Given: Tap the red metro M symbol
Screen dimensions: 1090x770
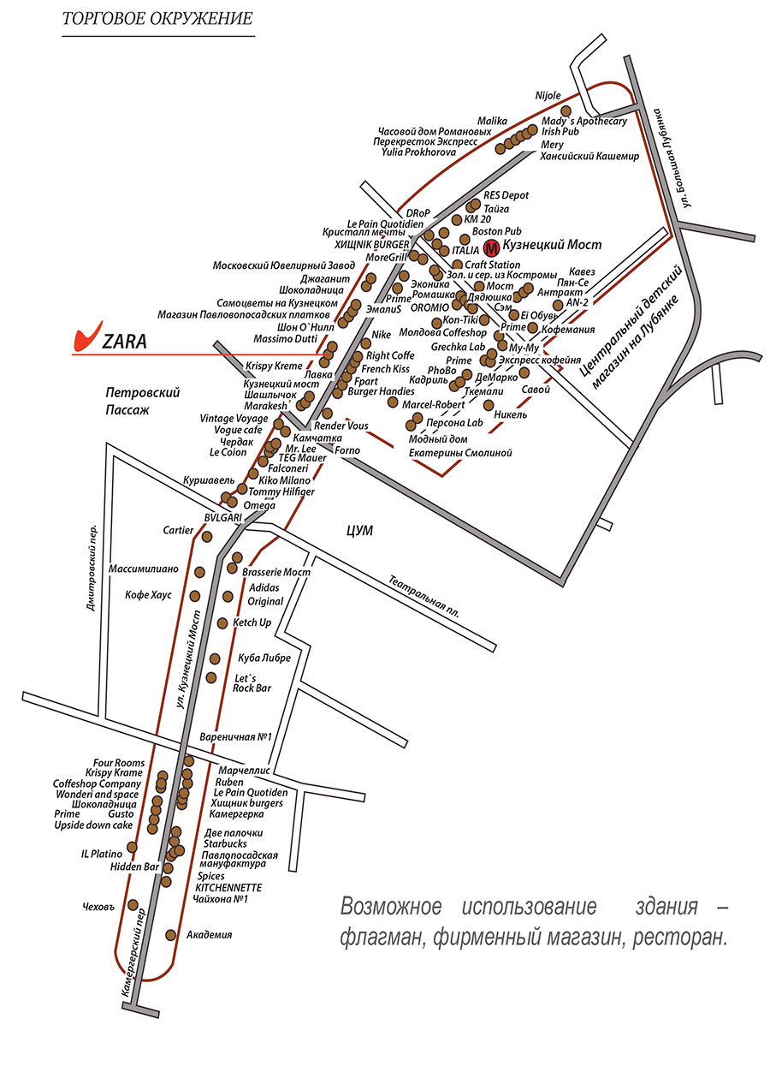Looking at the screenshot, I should (491, 248).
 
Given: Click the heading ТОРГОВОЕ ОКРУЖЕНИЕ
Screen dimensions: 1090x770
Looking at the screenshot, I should (157, 18).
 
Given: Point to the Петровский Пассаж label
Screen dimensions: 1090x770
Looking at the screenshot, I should (142, 401).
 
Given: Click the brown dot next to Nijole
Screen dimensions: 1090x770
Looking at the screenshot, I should (566, 111).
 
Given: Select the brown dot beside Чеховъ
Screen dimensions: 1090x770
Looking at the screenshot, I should (133, 904).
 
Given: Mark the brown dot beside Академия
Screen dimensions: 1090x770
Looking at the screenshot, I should (170, 934).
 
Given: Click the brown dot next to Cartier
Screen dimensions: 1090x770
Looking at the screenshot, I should (206, 537).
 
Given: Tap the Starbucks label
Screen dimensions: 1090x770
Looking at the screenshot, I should (224, 843).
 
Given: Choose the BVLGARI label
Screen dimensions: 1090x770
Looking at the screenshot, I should (223, 518).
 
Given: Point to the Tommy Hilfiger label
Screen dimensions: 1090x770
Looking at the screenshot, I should (281, 492).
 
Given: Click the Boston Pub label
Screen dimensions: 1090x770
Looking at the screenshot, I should (496, 231).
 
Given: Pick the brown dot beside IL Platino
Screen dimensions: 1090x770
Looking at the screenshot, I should (132, 848).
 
